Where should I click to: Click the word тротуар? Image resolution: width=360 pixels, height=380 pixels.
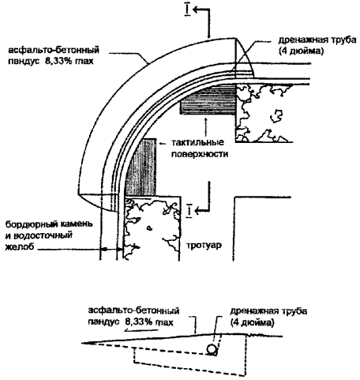(x=204, y=246)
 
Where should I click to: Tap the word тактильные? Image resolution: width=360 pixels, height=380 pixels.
(x=197, y=142)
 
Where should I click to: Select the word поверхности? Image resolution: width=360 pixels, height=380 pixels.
(x=200, y=154)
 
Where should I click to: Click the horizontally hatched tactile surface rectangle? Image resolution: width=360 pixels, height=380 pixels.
(x=208, y=100)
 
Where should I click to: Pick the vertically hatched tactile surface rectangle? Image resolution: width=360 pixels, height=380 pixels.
(x=141, y=167)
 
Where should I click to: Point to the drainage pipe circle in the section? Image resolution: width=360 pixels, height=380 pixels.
(x=212, y=349)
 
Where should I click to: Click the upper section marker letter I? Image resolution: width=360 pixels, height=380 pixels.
(x=187, y=10)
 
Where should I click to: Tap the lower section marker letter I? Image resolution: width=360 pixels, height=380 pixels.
(x=189, y=210)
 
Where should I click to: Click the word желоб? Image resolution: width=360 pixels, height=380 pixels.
(x=20, y=247)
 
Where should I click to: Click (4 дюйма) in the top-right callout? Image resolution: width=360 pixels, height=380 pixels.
(x=301, y=51)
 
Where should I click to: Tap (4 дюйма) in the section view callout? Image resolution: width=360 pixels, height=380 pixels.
(x=252, y=322)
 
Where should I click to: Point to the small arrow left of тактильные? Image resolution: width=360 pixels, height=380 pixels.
(x=163, y=144)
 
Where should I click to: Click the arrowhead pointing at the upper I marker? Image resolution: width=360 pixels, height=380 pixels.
(x=196, y=9)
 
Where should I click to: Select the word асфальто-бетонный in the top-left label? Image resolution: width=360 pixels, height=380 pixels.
(x=54, y=50)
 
